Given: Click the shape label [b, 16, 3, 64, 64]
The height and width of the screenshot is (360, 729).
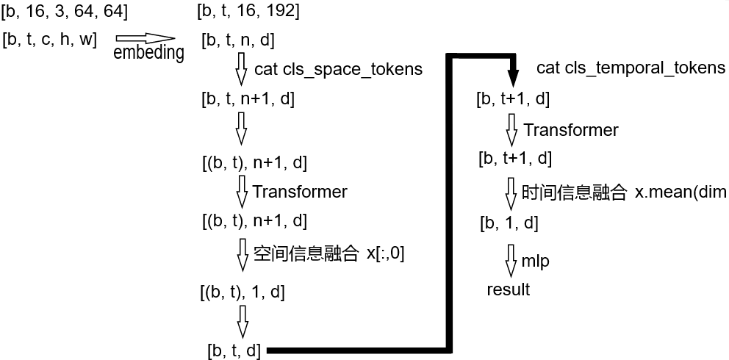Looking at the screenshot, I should (64, 12).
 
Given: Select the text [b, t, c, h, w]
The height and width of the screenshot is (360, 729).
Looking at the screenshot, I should (50, 40).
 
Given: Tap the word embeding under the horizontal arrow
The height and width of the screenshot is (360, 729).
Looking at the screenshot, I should (148, 53).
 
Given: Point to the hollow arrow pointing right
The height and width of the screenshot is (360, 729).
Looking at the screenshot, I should (145, 38).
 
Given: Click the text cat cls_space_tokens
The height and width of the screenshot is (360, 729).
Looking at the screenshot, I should (338, 70).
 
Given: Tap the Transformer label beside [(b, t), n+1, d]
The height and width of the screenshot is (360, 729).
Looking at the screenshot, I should (300, 192).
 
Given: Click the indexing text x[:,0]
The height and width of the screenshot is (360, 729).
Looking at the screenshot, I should (385, 254).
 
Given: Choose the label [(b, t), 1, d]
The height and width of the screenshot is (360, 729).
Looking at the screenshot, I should (242, 292).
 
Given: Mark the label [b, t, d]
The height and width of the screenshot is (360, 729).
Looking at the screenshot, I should (234, 350).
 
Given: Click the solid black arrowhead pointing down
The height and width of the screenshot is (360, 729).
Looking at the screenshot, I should (512, 76).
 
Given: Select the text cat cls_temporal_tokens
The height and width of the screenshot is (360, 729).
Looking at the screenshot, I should (631, 68).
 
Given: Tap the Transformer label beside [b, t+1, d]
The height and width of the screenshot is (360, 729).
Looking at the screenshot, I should (571, 130).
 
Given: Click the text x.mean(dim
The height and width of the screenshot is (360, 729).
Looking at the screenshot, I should (679, 192).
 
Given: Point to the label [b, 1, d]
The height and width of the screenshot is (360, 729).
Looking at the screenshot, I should (509, 223).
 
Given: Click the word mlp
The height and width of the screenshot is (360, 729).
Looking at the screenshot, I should (536, 261).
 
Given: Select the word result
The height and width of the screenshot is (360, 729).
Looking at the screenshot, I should (508, 289).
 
